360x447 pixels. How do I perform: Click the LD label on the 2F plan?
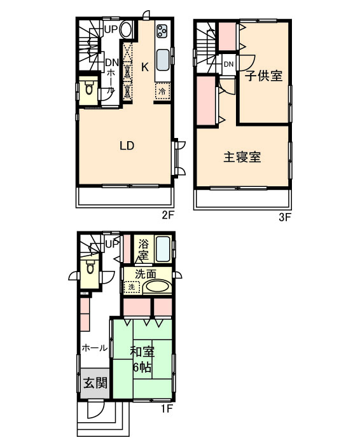(127, 146)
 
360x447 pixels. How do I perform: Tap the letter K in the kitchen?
(145, 67)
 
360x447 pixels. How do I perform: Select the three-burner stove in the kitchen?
(163, 31)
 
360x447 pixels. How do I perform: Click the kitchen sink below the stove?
(163, 60)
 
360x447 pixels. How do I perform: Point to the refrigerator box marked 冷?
(162, 91)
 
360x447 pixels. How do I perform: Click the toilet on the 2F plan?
(89, 88)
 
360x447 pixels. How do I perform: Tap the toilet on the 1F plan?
(90, 268)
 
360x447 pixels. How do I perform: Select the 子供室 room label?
(263, 76)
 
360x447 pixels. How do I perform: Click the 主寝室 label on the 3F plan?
(242, 157)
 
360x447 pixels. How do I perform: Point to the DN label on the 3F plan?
(228, 64)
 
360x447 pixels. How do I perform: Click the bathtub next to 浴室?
(163, 249)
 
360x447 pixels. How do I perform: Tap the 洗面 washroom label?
(146, 274)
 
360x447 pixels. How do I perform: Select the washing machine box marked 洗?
(132, 287)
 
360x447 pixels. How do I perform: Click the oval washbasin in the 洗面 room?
(157, 287)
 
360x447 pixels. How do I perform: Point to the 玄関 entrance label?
(95, 383)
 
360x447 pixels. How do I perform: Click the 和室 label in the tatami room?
(142, 352)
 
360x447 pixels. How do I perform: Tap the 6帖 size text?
(142, 368)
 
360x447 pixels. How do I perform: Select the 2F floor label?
(168, 215)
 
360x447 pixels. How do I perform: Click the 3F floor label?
(284, 217)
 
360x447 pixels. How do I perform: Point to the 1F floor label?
(167, 409)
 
